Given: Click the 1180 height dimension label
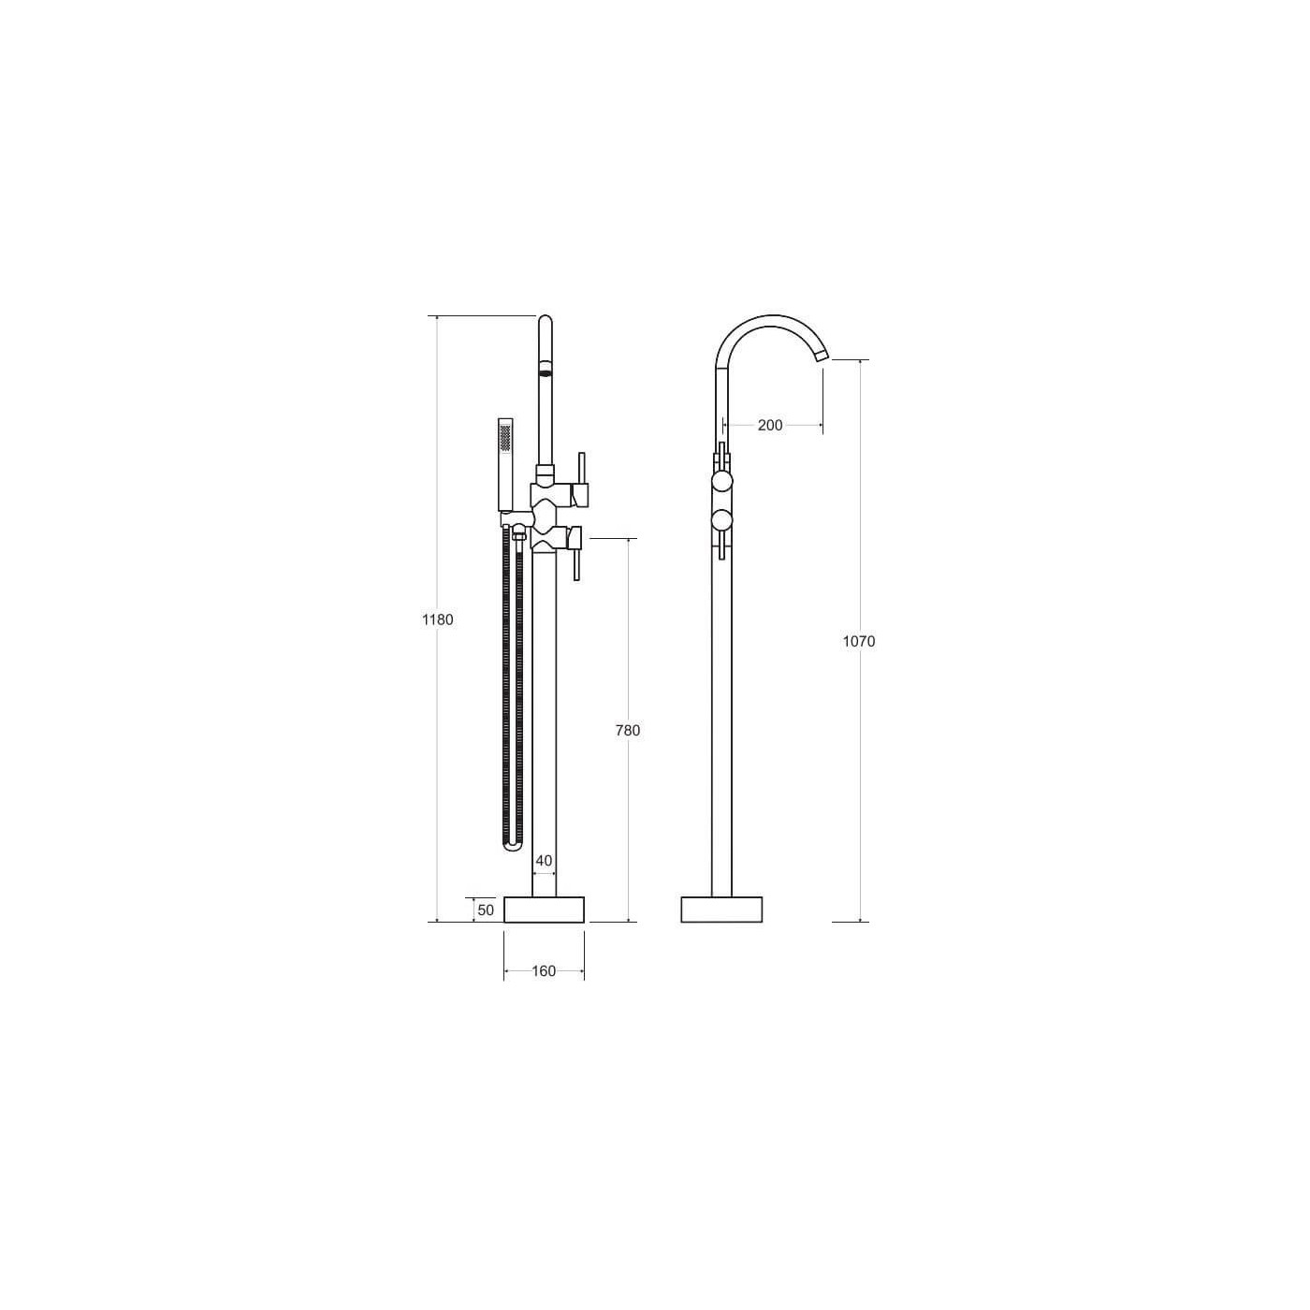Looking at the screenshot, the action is coord(437,619).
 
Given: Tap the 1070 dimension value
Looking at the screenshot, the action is coord(859,641).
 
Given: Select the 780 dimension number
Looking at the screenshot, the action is coord(628,730).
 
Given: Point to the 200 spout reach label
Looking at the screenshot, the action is coord(770,426).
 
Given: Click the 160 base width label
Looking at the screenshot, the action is coord(544,970).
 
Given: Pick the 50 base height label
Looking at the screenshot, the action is coord(486,910).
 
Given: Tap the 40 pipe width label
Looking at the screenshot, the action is coord(544,861).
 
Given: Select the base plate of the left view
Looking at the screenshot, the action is coord(544,909).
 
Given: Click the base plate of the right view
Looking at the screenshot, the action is coord(721,909).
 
